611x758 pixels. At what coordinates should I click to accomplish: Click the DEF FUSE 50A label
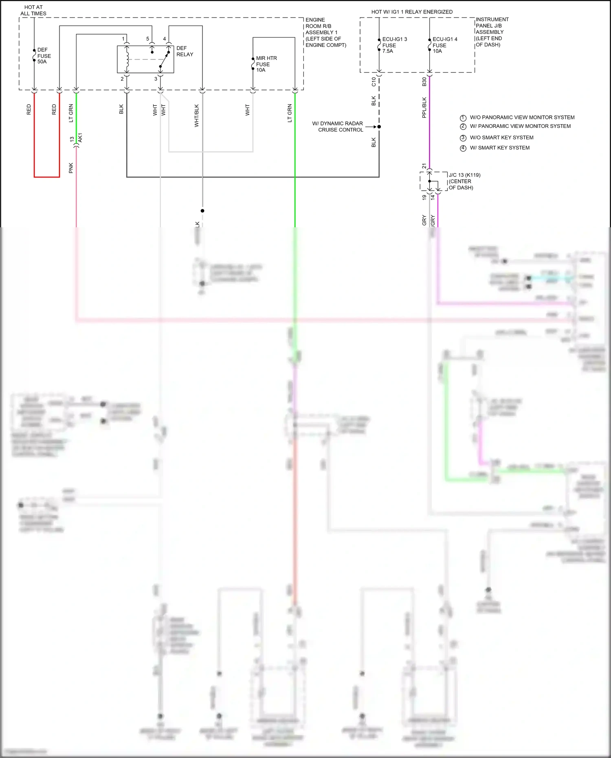point(44,56)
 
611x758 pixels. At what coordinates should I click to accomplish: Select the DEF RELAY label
point(185,51)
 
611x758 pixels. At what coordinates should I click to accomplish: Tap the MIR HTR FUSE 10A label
point(266,64)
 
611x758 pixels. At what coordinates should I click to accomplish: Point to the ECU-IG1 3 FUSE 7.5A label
point(394,45)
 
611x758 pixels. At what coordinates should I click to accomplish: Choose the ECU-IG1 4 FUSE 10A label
point(444,45)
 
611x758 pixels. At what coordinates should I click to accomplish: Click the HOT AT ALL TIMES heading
point(33,10)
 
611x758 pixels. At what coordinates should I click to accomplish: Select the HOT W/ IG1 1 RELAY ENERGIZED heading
point(412,12)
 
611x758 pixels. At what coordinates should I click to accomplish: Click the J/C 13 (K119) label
point(464,175)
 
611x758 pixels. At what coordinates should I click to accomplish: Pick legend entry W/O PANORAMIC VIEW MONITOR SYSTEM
point(522,117)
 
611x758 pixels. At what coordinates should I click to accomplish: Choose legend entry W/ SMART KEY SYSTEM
point(499,148)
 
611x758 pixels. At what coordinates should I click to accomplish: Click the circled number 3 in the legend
point(463,138)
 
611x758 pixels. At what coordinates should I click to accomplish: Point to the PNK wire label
point(71,168)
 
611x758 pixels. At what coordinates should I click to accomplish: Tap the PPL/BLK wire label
point(424,108)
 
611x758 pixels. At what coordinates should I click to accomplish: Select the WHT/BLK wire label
point(197,116)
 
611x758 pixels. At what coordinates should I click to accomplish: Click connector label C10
point(374,82)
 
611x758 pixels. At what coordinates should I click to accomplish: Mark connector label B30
point(424,82)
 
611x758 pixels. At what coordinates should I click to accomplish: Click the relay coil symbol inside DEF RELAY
point(127,59)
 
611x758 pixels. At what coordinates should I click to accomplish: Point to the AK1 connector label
point(80,138)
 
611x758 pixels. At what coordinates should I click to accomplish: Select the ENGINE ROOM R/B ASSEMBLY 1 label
point(325,33)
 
